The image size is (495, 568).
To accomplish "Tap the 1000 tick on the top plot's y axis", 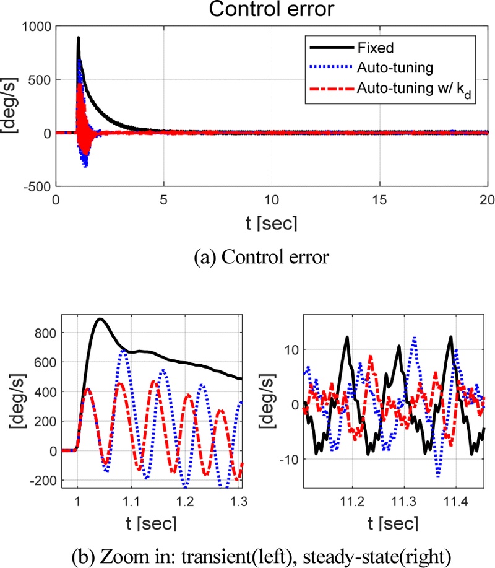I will (x=35, y=27).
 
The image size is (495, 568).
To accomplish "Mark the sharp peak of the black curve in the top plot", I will (x=79, y=38).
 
